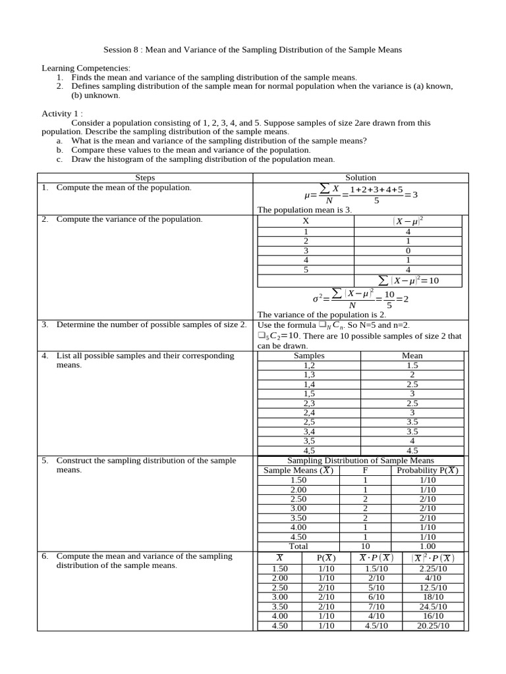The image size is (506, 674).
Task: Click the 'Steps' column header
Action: point(145,178)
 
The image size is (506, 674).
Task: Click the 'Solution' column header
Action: point(360,178)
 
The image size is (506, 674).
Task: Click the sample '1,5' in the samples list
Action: point(309,394)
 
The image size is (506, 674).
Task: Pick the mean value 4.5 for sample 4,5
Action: point(412,451)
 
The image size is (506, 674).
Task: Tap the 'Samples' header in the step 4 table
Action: point(309,355)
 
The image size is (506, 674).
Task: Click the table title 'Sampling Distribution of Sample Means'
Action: point(361,461)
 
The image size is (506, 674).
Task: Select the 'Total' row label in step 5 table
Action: point(298,546)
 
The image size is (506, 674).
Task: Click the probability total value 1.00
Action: point(428,546)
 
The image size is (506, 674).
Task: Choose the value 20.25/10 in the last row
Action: point(432,626)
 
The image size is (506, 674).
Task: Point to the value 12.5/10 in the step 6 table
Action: point(432,588)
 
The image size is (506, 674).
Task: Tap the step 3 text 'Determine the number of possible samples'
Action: point(152,324)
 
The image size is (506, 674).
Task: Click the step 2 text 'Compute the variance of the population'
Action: point(130,219)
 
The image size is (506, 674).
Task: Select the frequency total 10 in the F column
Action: point(365,546)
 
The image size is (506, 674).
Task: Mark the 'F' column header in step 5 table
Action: point(365,471)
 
